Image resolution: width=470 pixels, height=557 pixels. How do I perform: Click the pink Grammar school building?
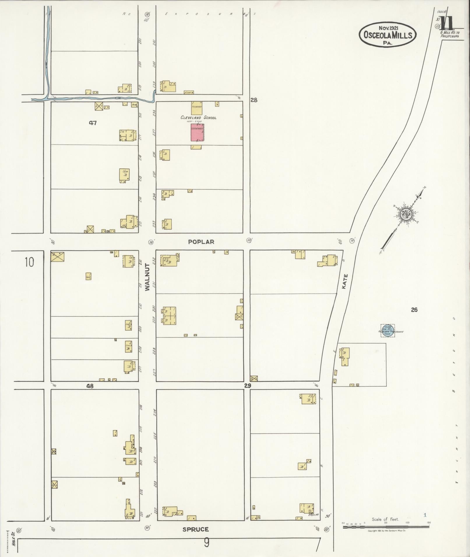pyautogui.click(x=197, y=132)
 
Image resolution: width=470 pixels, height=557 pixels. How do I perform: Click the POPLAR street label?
pyautogui.click(x=201, y=242)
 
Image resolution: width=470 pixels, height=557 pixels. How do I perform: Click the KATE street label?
pyautogui.click(x=345, y=281)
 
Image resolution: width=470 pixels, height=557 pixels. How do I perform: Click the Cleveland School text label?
pyautogui.click(x=198, y=118)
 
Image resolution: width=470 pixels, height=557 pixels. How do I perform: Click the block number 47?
pyautogui.click(x=93, y=123)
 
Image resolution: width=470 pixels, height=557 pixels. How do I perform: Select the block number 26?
pyautogui.click(x=414, y=310)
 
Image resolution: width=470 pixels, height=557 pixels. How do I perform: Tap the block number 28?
pyautogui.click(x=254, y=100)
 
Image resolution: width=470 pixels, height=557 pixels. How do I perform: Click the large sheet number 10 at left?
pyautogui.click(x=29, y=262)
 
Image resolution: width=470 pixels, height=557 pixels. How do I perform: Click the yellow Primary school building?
pyautogui.click(x=197, y=108)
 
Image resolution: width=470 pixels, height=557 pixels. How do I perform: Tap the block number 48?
pyautogui.click(x=90, y=386)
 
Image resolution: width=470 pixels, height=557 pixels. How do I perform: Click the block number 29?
pyautogui.click(x=247, y=386)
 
